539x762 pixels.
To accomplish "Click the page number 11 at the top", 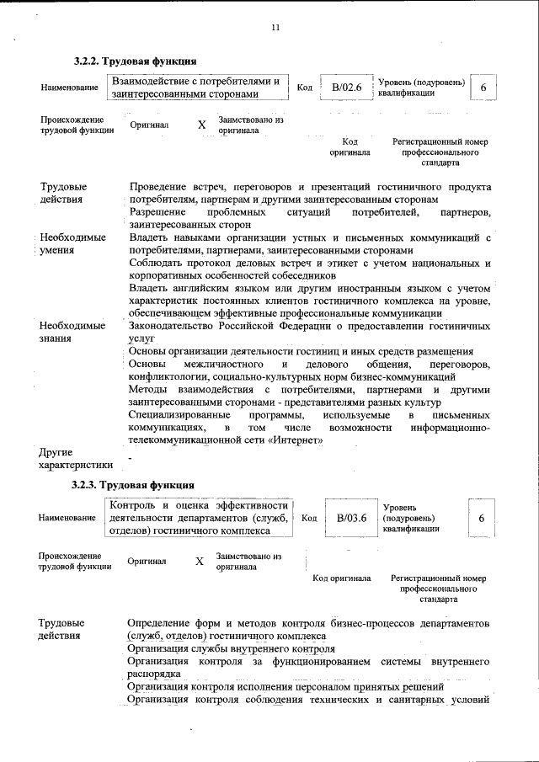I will (x=275, y=28).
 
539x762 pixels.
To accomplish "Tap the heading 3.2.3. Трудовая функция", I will (x=133, y=485).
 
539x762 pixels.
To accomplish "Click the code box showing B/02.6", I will (x=346, y=88).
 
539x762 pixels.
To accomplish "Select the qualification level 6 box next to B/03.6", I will (x=481, y=519).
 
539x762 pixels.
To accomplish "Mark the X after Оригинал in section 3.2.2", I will (x=201, y=125).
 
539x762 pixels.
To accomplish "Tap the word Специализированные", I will (x=179, y=415).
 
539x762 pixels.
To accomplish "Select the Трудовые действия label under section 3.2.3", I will (x=63, y=629).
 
